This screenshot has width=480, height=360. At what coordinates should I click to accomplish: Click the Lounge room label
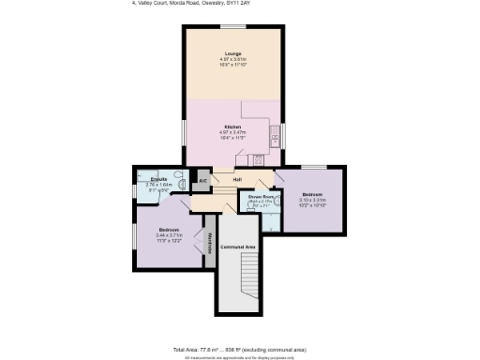[x=232, y=53]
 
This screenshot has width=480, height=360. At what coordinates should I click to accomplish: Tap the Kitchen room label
[x=232, y=127]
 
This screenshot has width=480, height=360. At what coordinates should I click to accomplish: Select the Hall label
[x=237, y=178]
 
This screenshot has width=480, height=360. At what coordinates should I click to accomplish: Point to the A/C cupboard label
[x=202, y=180]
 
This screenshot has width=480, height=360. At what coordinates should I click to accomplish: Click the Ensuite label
[x=158, y=178]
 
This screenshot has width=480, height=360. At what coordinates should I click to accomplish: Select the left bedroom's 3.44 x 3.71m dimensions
[x=169, y=234]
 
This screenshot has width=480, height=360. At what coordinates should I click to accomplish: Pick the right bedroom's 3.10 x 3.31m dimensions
[x=312, y=199]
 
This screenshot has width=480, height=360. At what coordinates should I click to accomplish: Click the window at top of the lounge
[x=232, y=27]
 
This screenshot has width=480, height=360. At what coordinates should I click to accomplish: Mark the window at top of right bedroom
[x=314, y=167]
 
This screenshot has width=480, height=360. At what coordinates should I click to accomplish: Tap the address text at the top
[x=191, y=4]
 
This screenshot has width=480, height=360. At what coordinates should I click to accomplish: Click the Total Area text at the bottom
[x=239, y=349]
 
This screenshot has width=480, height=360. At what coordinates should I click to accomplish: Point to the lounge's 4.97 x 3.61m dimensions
[x=232, y=59]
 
